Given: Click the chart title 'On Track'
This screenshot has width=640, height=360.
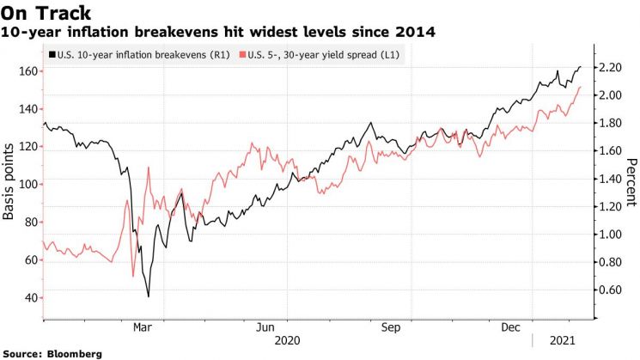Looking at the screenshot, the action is (x=46, y=13).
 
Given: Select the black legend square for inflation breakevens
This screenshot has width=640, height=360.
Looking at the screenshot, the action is (x=52, y=55).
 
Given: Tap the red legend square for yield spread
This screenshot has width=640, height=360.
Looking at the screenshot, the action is (x=242, y=55).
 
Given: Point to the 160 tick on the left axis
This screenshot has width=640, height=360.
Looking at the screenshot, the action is (x=28, y=71).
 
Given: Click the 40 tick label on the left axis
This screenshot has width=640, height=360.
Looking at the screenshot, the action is (x=31, y=297).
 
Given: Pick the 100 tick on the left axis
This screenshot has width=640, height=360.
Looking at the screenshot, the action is (x=28, y=185).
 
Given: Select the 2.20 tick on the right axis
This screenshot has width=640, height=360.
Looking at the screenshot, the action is (x=610, y=67).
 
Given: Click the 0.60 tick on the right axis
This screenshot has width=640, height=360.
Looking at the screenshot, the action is (x=610, y=290).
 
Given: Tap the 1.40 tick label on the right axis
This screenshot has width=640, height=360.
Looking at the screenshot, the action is (x=610, y=179).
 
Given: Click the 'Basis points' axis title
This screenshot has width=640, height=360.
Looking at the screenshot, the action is (x=9, y=181).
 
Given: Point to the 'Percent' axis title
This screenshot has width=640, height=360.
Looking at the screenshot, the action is (x=631, y=182).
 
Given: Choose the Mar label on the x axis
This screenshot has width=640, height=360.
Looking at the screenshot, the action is (x=143, y=327).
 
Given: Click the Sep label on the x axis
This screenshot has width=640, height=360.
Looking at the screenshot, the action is (x=391, y=327).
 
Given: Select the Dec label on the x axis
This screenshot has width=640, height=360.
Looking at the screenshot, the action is (x=510, y=327).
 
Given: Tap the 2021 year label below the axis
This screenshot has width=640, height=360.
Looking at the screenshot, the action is (x=562, y=340).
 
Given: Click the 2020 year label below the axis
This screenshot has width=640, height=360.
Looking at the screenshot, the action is (x=287, y=340).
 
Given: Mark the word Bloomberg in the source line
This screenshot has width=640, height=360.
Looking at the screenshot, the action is (x=74, y=354).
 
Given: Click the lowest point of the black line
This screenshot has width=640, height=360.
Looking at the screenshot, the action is (x=148, y=296).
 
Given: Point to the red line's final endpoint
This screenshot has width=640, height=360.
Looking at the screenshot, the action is (x=580, y=87).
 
